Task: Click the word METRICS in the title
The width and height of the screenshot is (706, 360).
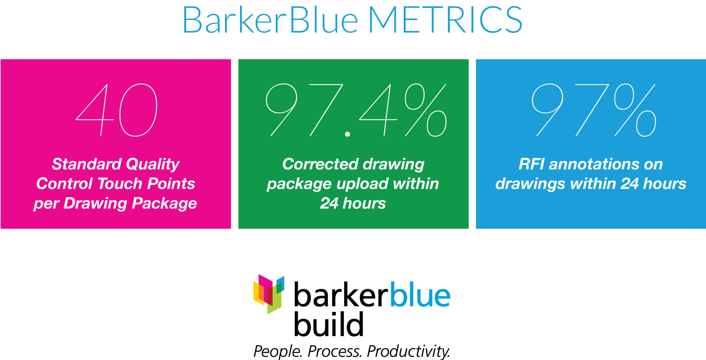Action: click(x=445, y=20)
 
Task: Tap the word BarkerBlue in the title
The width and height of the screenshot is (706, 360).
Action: click(x=270, y=19)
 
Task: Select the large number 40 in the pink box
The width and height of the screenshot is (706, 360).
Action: click(x=116, y=110)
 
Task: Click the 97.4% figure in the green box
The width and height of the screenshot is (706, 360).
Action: click(x=356, y=110)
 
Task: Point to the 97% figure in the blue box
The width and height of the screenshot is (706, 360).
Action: click(x=594, y=110)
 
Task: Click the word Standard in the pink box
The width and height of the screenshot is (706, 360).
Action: click(x=86, y=164)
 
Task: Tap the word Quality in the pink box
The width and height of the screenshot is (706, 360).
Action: click(x=153, y=165)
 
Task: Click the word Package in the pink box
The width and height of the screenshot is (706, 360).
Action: click(x=164, y=203)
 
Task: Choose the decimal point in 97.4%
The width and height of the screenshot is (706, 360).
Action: click(x=348, y=134)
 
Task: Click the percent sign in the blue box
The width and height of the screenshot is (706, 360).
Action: click(x=635, y=110)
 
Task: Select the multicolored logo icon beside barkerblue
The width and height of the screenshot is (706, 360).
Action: click(x=269, y=294)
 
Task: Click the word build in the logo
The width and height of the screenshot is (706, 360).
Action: click(x=329, y=324)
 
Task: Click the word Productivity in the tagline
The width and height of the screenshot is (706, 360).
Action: click(x=409, y=351)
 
